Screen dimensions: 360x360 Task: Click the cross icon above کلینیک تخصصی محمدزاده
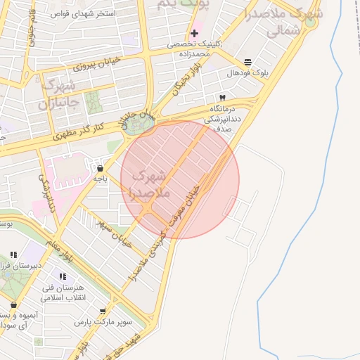click(x=194, y=34)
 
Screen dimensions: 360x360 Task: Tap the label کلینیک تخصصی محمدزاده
click(x=194, y=49)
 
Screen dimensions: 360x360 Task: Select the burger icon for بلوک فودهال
click(x=247, y=63)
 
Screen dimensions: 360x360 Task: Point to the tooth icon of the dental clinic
click(x=222, y=98)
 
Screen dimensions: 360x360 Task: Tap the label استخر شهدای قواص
click(x=82, y=13)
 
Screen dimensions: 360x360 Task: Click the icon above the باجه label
click(x=100, y=168)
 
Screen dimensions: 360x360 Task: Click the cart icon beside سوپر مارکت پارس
click(x=103, y=311)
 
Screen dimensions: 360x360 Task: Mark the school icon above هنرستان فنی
click(x=72, y=276)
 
